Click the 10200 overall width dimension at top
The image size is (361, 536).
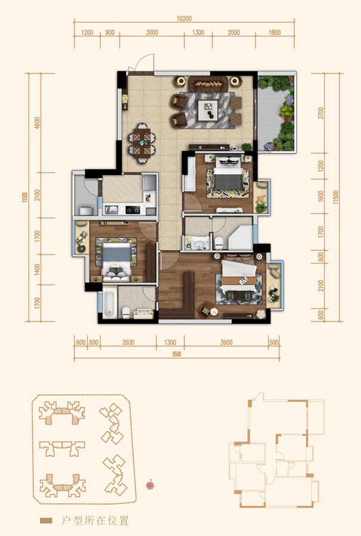coord(184,19)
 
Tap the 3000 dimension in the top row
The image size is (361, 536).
coord(152,33)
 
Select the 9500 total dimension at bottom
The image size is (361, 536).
coord(176,354)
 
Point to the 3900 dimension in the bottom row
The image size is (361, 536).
coord(226,342)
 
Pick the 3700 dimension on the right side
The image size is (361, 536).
coord(320,113)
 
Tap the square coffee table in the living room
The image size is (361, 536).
coord(208,110)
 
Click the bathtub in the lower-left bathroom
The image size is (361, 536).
coord(110,304)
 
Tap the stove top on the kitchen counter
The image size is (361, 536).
coord(133,210)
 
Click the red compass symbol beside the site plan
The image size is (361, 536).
coord(150,485)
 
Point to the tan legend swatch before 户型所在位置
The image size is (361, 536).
coord(46,521)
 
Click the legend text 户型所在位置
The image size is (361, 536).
coord(95,521)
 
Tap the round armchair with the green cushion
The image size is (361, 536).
coord(206,310)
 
